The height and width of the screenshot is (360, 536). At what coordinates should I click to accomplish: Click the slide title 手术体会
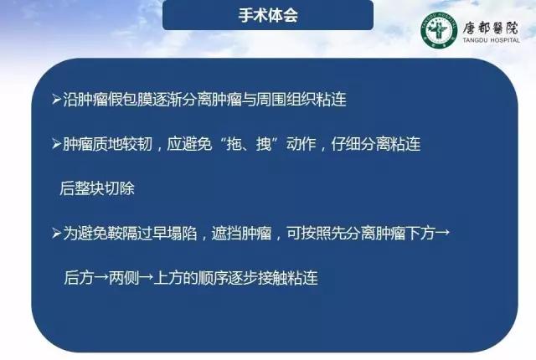point(268,15)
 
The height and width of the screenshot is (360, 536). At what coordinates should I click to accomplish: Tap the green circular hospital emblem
point(439,29)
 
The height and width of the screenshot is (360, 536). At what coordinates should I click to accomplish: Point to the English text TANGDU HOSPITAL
point(492,40)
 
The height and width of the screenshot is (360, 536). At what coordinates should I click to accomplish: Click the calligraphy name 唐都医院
point(491,28)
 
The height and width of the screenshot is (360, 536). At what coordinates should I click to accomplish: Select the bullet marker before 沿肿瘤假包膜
point(57,100)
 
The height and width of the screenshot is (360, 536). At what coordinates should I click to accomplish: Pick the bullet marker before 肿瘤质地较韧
point(57,144)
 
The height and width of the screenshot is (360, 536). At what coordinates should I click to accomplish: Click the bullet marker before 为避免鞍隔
point(57,234)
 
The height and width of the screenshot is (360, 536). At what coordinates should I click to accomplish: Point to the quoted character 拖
point(234,144)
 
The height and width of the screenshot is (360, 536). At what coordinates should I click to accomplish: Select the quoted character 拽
point(264,144)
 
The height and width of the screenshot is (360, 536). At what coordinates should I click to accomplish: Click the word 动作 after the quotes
point(301,144)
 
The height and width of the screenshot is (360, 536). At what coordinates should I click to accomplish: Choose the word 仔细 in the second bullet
point(346,144)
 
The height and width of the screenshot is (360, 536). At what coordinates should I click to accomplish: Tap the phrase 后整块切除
point(97,188)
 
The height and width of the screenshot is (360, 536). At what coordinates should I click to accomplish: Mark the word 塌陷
point(182,234)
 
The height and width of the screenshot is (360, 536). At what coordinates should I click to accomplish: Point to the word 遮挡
point(226,234)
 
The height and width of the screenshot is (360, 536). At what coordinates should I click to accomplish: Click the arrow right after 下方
point(442,234)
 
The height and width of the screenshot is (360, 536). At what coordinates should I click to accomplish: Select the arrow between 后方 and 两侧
point(101,278)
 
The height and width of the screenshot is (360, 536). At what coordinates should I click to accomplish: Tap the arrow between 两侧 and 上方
point(146,278)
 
